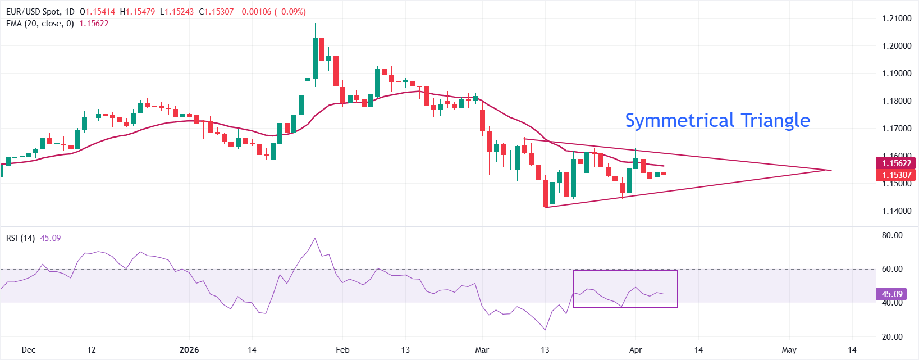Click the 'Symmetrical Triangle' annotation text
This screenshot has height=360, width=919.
click(x=717, y=120)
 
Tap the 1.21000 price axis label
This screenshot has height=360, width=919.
click(x=896, y=19)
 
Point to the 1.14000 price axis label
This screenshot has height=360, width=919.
click(x=896, y=211)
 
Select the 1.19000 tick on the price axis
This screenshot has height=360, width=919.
click(x=896, y=74)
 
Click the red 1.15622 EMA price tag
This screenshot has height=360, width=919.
click(x=896, y=163)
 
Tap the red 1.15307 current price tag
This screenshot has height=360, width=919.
click(x=896, y=175)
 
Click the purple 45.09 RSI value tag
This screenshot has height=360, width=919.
click(x=891, y=294)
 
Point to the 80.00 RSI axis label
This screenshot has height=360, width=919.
click(x=892, y=235)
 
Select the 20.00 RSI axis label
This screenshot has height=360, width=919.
click(x=892, y=337)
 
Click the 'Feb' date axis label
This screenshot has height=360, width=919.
click(x=342, y=350)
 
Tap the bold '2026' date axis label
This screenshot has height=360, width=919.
click(x=189, y=350)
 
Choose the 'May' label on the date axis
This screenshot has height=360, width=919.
click(x=789, y=350)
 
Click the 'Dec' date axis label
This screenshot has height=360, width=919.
click(x=28, y=350)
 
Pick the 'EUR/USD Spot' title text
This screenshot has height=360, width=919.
click(x=33, y=12)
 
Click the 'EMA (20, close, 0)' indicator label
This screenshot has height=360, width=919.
click(x=40, y=24)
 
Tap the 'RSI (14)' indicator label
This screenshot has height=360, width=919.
click(x=20, y=238)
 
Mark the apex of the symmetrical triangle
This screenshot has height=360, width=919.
click(x=831, y=170)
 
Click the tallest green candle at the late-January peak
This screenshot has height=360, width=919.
click(x=316, y=58)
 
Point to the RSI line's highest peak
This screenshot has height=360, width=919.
click(x=315, y=238)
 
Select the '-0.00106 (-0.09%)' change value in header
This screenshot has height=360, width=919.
click(x=272, y=12)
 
